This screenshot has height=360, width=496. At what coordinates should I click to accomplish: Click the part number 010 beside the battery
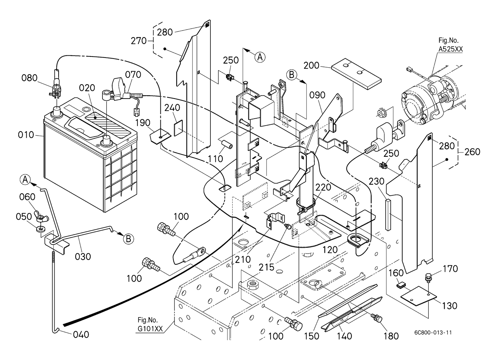pos(26,135)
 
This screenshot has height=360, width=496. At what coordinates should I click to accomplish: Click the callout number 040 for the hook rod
pos(81,335)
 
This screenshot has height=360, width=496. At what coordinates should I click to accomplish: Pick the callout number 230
pos(377,181)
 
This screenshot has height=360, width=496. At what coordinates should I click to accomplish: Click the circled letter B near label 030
pos(127,238)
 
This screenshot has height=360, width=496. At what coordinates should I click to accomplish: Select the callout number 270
pos(138,41)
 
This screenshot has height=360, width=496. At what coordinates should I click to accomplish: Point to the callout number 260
pos(472,152)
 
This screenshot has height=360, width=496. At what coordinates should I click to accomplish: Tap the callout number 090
pos(317,95)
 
